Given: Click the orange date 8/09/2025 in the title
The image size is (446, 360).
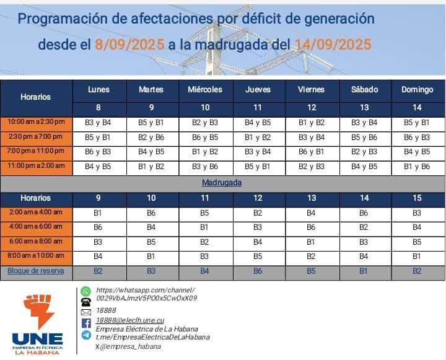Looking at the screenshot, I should click(x=129, y=45).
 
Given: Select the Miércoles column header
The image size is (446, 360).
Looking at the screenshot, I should click(x=205, y=90).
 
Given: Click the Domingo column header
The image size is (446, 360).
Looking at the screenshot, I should click(x=417, y=90).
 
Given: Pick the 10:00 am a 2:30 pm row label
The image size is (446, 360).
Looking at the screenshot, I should click(x=36, y=122).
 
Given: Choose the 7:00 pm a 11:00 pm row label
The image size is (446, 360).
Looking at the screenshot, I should click(x=36, y=151).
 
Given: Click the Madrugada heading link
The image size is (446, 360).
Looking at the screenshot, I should click(x=222, y=183).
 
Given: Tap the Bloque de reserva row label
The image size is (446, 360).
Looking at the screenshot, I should click(x=36, y=271).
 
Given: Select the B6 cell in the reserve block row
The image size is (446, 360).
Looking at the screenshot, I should click(x=258, y=271).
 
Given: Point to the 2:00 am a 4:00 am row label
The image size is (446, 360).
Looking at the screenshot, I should click(x=36, y=212).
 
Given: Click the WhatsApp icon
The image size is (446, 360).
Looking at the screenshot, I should click(x=86, y=291).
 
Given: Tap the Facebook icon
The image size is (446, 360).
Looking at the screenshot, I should click(x=86, y=323).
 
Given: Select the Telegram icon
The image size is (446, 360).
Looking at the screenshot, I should click(x=86, y=335).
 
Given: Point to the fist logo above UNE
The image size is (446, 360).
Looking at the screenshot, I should click(x=38, y=312).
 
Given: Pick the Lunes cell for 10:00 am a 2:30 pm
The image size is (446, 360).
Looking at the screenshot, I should click(x=98, y=122).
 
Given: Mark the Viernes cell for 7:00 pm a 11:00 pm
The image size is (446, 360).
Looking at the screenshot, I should click(x=311, y=151).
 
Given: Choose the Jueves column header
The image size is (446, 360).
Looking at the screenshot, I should click(x=258, y=90).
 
